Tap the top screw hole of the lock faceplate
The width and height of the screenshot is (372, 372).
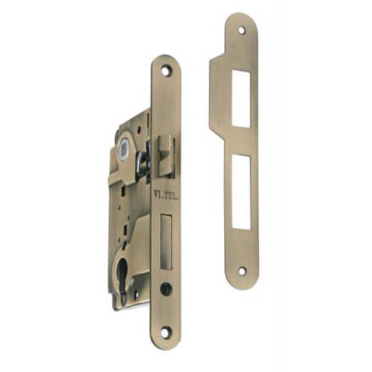[x=165, y=71]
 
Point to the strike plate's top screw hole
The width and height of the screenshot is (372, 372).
[x=242, y=30]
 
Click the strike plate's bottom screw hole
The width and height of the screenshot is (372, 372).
[x=242, y=271]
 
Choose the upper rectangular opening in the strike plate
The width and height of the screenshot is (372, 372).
[x=241, y=99]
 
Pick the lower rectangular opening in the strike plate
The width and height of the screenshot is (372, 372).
[x=241, y=192]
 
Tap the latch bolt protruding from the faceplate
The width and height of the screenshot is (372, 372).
[x=167, y=156]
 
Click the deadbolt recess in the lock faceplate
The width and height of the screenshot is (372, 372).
[x=166, y=242]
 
